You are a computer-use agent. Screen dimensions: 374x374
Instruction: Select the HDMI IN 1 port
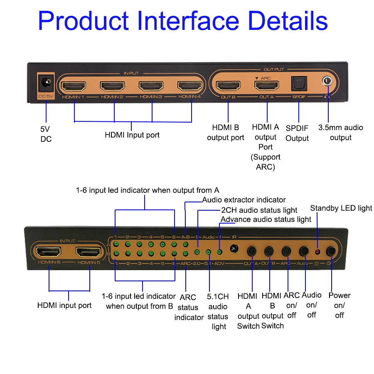coord(74,86)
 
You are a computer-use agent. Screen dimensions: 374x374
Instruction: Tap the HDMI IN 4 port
coord(190,86)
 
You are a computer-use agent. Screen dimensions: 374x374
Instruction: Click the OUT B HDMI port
coord(228,86)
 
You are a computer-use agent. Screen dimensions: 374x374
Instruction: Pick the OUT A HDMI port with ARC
coord(267,86)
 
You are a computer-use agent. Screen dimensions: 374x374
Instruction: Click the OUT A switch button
coord(252,251)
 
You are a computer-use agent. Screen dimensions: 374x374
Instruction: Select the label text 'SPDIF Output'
coord(297,133)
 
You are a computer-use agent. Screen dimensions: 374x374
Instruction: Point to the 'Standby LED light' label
coord(341,208)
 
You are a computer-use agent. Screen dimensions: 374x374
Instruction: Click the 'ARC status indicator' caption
coord(188,308)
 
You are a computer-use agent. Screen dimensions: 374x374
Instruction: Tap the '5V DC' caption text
coord(46,134)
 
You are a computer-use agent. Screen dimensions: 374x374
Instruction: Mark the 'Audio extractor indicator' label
coord(244,200)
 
